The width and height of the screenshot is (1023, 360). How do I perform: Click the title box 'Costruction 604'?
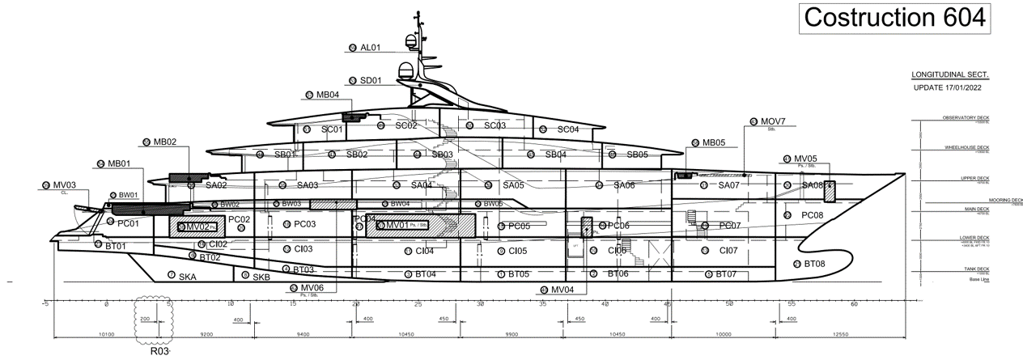(894, 17)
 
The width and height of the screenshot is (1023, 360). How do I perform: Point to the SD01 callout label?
(371, 80)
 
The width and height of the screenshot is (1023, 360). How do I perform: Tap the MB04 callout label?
(327, 95)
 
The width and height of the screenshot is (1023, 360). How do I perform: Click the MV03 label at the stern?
(65, 185)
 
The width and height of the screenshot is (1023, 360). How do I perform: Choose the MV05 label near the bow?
(805, 159)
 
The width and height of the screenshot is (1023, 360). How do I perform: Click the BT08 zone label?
(813, 265)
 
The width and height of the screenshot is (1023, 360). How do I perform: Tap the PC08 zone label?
(812, 215)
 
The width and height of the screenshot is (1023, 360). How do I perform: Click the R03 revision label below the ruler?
(160, 352)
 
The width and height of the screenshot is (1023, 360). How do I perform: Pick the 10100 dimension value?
(105, 333)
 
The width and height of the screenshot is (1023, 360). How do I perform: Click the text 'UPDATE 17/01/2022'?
(950, 87)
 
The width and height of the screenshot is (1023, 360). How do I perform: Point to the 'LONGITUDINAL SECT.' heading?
(950, 74)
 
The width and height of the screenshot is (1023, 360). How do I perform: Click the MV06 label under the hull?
(312, 287)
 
